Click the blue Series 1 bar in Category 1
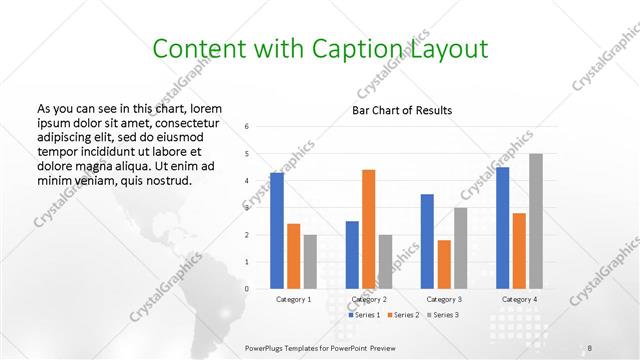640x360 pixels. point(277,231)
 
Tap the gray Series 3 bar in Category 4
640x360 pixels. point(536,221)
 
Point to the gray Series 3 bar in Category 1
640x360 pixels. point(310,262)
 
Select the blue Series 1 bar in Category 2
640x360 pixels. point(352,255)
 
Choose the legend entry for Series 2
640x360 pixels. point(403,315)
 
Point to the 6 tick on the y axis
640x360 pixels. point(247,127)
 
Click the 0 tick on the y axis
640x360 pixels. point(247,289)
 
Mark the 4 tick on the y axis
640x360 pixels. point(247,181)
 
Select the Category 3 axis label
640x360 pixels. point(444,299)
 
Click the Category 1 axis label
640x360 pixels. point(293,299)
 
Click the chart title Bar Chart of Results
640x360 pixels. point(402,110)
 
